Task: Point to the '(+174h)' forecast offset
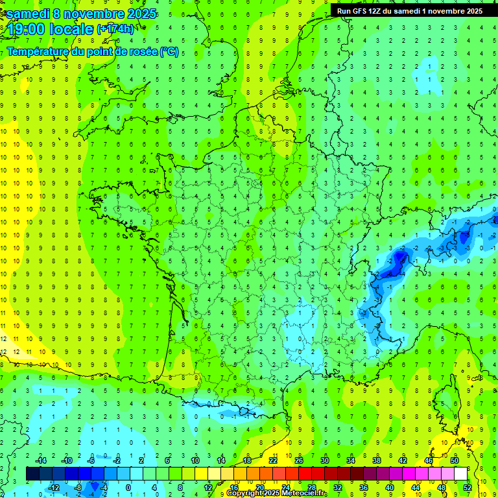(x=115, y=29)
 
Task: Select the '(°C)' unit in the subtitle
(x=169, y=51)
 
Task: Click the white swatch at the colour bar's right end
(x=460, y=474)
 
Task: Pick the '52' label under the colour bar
(x=467, y=487)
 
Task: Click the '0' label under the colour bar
(x=128, y=487)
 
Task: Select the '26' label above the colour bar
(x=298, y=460)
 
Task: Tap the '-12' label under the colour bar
(x=54, y=487)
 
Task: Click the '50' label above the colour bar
(x=455, y=460)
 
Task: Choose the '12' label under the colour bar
(x=207, y=487)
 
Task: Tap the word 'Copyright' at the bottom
(x=245, y=494)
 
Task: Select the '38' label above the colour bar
(x=377, y=460)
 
